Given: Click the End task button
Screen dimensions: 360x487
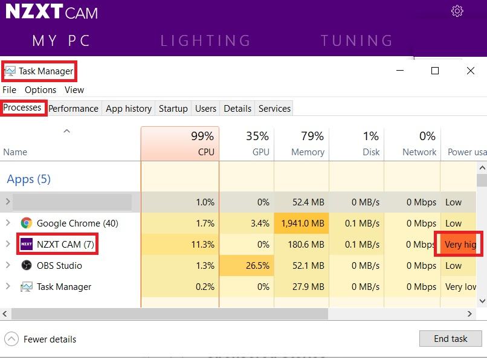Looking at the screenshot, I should point(450,339).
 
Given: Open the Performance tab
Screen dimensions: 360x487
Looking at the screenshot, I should point(73,109).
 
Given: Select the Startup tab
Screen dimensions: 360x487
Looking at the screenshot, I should point(173,109).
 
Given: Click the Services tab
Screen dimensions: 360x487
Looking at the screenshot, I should point(274,109).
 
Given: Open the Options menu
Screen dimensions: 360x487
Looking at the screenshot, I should point(40,90).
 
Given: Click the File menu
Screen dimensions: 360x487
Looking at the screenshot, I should point(10,90).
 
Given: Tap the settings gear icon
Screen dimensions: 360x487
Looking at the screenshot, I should point(457,11).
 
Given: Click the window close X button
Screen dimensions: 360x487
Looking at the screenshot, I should point(471,71).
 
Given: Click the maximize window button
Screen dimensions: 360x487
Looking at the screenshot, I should point(434,71).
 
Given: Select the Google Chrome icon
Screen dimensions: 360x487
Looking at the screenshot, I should point(26,223).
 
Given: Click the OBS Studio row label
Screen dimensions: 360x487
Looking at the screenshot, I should point(59,266).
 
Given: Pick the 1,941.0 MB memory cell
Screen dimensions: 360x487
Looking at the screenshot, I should point(302,223).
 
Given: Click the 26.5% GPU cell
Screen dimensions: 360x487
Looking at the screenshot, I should point(247,266).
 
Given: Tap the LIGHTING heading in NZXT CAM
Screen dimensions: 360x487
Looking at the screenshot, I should point(205,40).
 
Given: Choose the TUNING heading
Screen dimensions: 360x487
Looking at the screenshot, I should point(356,40).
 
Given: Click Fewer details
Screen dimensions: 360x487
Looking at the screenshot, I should point(50,339).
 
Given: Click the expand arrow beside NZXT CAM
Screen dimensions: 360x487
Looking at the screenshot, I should point(8,245).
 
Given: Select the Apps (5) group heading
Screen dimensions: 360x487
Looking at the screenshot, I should point(28,179).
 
